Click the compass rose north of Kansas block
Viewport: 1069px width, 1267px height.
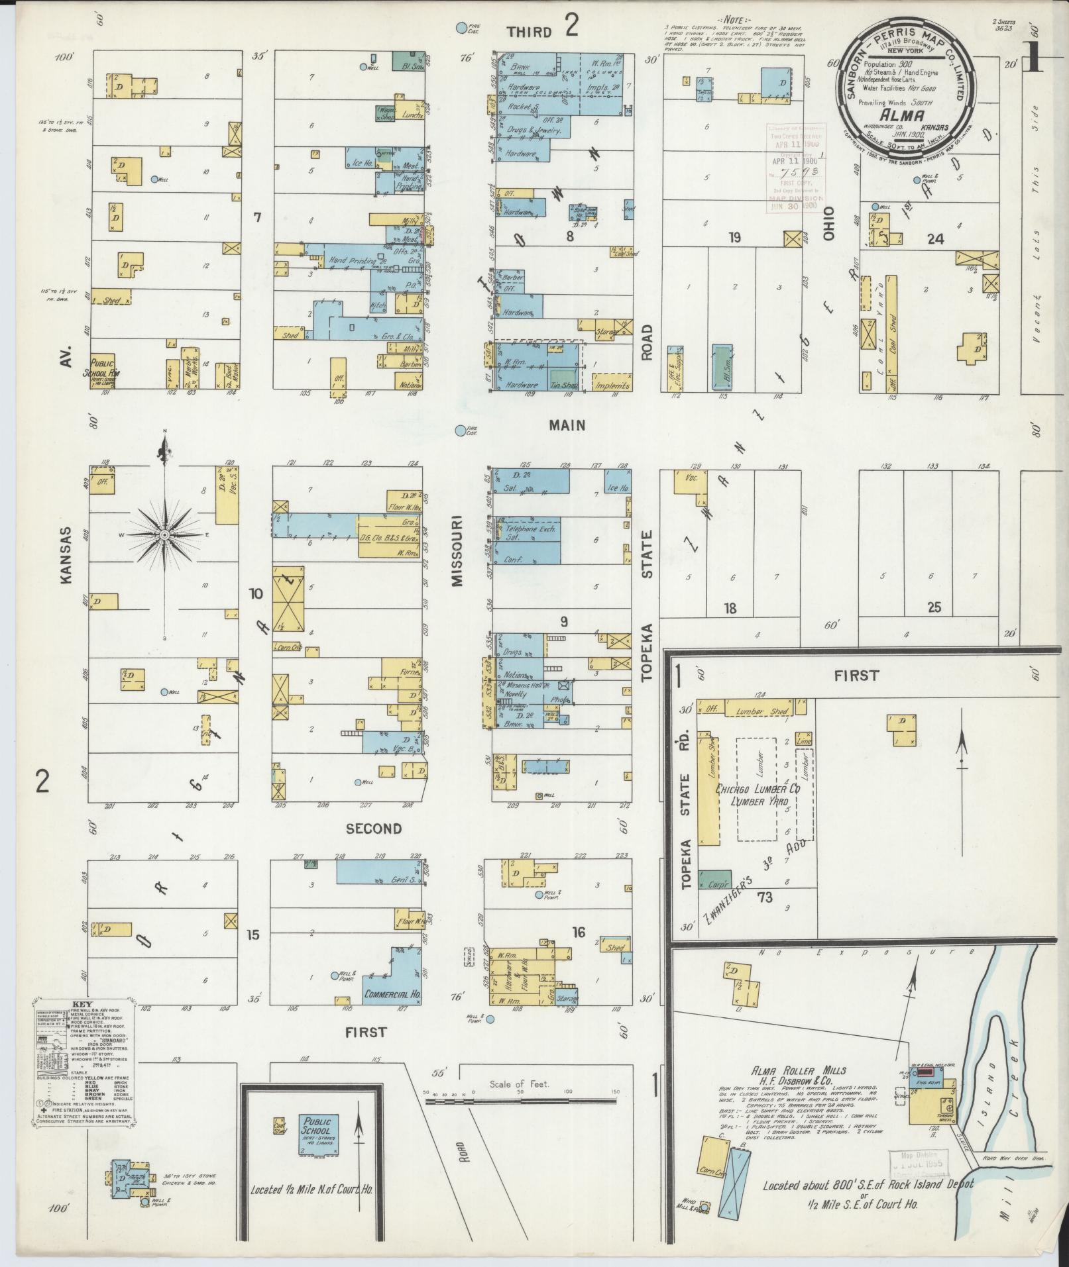coord(164,534)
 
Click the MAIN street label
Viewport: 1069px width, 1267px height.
coord(567,425)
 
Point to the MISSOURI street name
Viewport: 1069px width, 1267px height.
coord(457,551)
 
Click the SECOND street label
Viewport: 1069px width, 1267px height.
coord(374,828)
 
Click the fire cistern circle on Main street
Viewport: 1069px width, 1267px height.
coord(460,431)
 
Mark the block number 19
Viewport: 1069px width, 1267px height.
coord(734,238)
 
